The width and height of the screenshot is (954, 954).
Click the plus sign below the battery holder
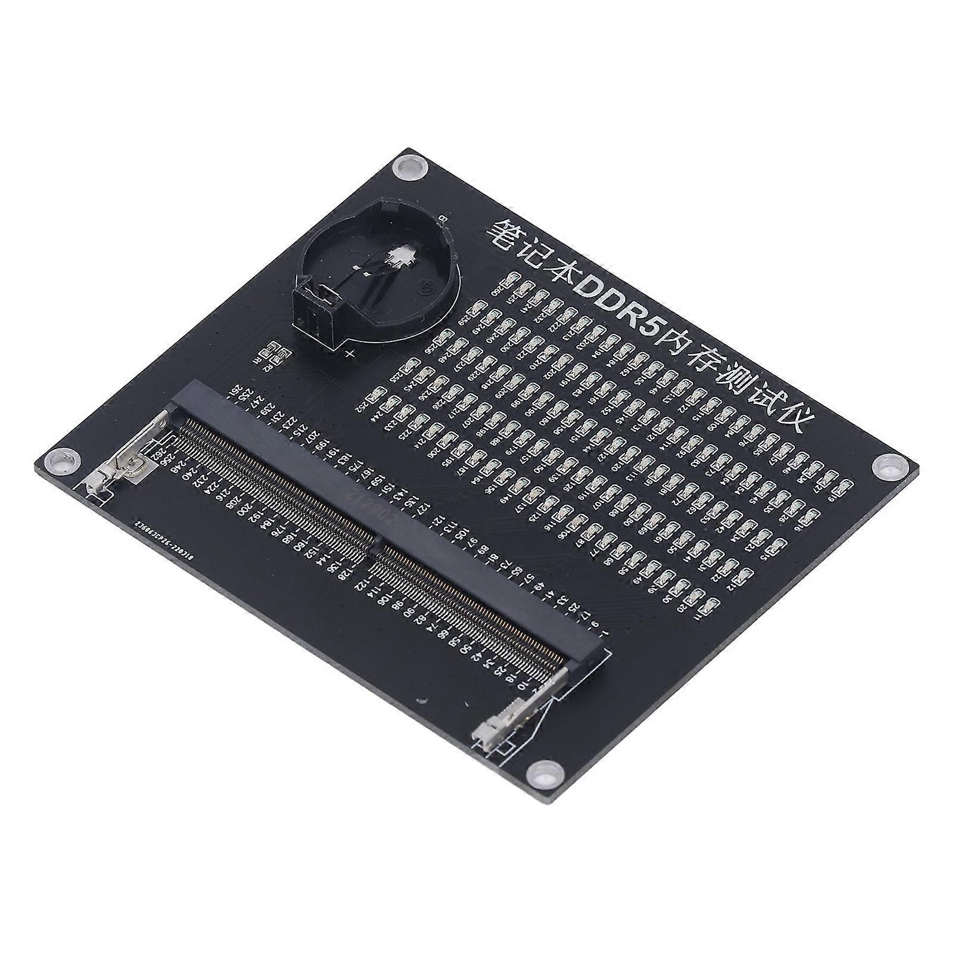(x=351, y=355)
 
